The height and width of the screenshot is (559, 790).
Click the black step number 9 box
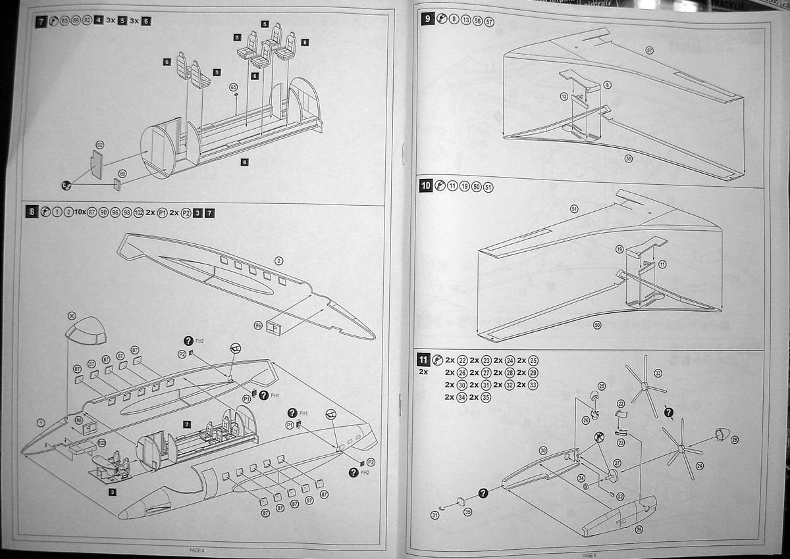click(x=428, y=19)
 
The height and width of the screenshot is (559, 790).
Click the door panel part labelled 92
click(x=97, y=164)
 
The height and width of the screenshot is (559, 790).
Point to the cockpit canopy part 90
click(x=86, y=331)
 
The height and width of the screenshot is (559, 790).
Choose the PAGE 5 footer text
click(x=589, y=554)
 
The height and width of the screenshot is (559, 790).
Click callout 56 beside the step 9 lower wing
click(x=629, y=158)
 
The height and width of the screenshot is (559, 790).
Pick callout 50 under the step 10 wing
click(x=598, y=325)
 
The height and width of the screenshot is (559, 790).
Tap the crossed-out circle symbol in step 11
click(x=600, y=437)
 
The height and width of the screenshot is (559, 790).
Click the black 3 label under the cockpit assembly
click(x=113, y=491)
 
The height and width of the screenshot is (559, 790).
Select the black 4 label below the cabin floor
click(x=244, y=162)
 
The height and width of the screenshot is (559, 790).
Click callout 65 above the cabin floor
click(x=233, y=87)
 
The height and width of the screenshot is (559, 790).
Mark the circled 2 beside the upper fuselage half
click(x=279, y=261)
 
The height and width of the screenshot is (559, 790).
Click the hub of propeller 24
click(x=681, y=450)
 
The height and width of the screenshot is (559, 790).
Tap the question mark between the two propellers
click(x=668, y=412)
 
